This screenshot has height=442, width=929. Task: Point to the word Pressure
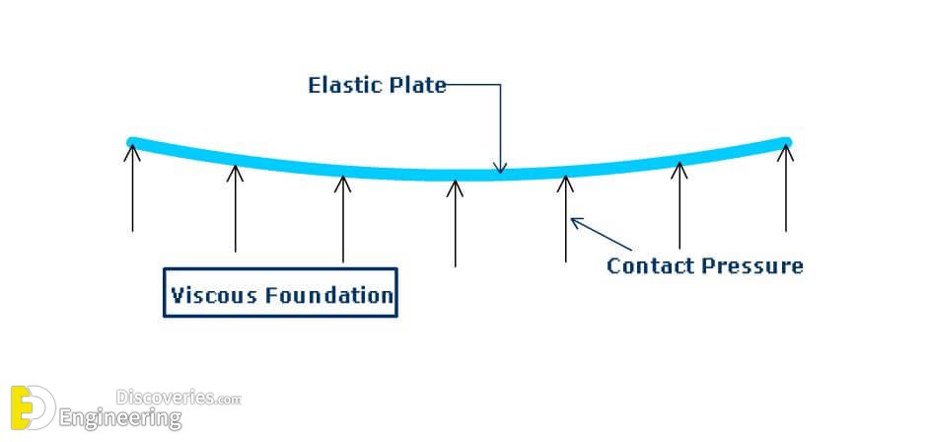(752, 265)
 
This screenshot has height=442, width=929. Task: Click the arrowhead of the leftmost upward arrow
(132, 153)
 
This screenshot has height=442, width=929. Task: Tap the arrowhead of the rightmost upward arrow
(786, 153)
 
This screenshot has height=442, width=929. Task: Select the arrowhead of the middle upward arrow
(455, 188)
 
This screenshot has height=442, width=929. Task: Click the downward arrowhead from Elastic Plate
(501, 169)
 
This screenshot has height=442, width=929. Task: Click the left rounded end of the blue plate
(131, 142)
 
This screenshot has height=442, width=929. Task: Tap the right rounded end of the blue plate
(786, 142)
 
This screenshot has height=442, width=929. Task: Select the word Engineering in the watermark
(120, 419)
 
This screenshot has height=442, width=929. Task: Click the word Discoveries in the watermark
(164, 397)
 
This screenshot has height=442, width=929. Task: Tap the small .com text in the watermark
(227, 400)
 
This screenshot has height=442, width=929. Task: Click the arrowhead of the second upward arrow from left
(236, 173)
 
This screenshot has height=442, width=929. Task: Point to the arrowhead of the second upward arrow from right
(679, 170)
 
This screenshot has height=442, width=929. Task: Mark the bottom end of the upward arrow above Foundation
(342, 261)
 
